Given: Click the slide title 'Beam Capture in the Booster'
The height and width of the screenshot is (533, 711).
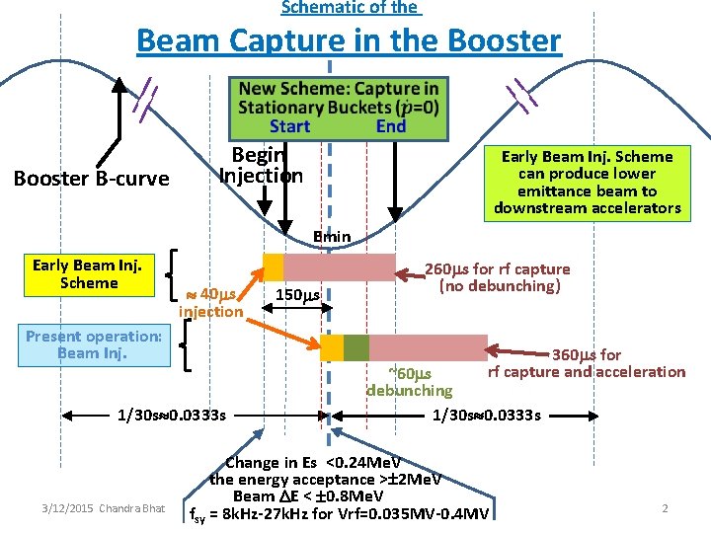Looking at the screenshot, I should point(349,41).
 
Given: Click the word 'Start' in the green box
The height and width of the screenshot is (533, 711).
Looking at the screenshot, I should point(289,125).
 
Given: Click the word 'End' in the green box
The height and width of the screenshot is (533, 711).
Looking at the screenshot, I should point(391,125).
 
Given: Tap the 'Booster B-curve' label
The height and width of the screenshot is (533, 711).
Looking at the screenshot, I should point(91,179).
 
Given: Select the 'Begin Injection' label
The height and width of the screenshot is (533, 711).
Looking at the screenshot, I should point(260,165).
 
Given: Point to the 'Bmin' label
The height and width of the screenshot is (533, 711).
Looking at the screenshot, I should point(332,236).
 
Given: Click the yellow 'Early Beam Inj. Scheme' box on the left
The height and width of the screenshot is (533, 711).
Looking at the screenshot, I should point(87,273).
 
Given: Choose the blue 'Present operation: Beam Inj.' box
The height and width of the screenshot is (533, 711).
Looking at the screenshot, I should point(94,344).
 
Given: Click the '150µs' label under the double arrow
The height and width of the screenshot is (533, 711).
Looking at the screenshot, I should point(297,295).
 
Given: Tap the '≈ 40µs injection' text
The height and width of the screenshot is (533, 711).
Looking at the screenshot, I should point(210,303).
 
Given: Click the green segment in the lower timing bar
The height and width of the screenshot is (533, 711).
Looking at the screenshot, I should point(355,347).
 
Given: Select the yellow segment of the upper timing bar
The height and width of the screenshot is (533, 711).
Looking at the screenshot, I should point(273,266).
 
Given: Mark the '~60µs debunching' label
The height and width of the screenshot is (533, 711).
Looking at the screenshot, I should point(409,382).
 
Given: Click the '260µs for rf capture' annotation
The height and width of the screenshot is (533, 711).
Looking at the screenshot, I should point(497,277).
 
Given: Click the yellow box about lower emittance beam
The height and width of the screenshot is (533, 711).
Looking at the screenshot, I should point(588,182).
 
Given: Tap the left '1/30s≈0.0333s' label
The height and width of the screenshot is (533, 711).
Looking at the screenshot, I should point(171,415).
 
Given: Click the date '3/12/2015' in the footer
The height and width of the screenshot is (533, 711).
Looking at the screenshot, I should point(68,508).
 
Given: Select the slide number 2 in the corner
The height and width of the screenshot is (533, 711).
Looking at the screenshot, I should point(665,507).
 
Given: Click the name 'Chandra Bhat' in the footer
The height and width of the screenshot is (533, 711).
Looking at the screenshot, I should point(132,508).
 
